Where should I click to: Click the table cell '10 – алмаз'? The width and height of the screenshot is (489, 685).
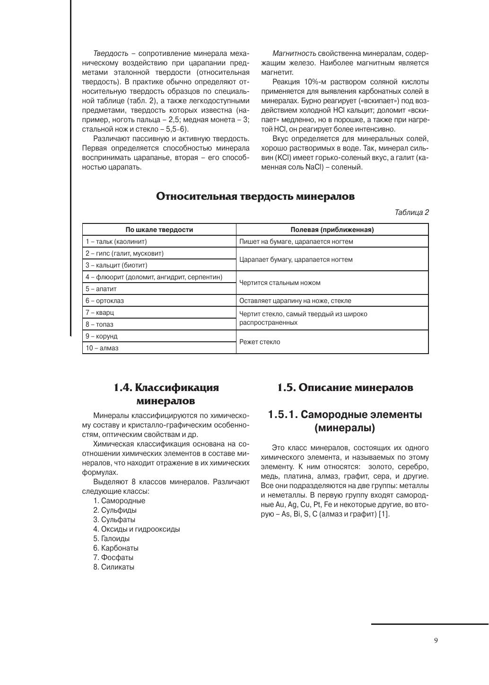[102, 348]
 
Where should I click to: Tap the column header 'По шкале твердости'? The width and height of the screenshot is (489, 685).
[159, 230]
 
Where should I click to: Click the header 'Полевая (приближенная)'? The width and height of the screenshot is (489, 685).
[332, 230]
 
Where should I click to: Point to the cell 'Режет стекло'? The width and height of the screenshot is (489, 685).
[260, 342]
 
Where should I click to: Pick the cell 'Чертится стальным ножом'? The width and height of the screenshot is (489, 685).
[280, 283]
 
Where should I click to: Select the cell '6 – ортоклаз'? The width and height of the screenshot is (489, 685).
[105, 301]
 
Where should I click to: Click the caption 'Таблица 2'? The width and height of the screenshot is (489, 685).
[411, 213]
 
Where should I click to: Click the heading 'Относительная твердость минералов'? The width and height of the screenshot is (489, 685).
[255, 196]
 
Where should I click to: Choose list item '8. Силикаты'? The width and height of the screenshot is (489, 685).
[114, 567]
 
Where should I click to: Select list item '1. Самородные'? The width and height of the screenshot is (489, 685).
[119, 501]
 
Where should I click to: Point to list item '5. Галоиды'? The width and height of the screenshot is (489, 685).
[112, 539]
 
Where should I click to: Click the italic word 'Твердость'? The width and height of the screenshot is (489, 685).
[111, 53]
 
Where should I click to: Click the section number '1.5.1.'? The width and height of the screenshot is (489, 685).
[283, 415]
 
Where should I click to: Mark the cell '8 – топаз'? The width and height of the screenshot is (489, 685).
[99, 324]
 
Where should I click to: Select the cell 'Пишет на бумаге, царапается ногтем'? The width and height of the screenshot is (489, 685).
[296, 241]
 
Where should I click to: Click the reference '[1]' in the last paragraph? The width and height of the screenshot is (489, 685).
[384, 514]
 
